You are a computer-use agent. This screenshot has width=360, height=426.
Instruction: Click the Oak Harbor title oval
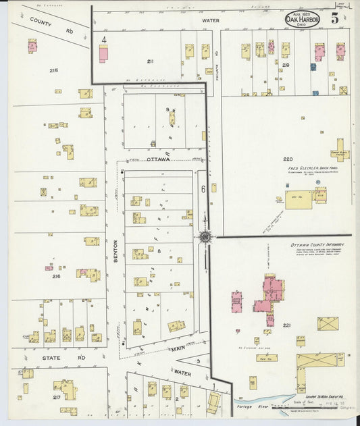pos(303,18)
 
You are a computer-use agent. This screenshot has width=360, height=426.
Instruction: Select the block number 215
pos(54,70)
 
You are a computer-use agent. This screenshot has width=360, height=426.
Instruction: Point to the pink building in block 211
pos(103,54)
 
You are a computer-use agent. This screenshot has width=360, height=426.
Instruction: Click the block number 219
pos(286,65)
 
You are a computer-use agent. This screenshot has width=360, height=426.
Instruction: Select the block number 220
pos(288,159)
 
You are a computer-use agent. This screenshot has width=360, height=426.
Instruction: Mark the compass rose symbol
pos(204,236)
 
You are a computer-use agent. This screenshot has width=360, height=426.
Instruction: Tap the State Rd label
pos(43,358)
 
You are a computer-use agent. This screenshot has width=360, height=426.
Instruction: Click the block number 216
pos(56,276)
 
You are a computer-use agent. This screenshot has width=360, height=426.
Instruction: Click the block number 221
pos(286,325)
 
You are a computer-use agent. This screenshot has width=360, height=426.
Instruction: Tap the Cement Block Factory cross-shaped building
pos(339,149)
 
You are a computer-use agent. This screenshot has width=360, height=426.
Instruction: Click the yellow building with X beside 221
pos(328,324)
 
